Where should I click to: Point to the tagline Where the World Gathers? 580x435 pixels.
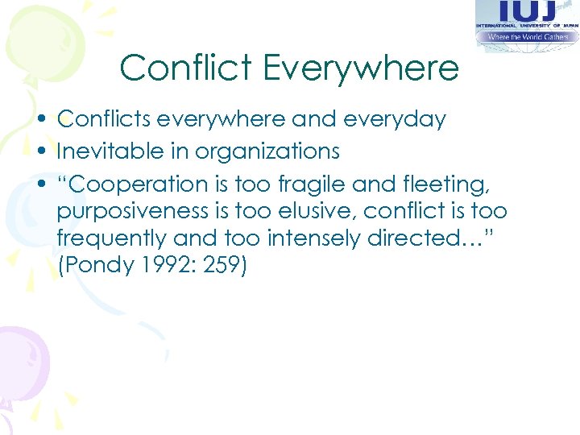(528, 35)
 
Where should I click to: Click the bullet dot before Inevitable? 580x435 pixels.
(44, 151)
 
